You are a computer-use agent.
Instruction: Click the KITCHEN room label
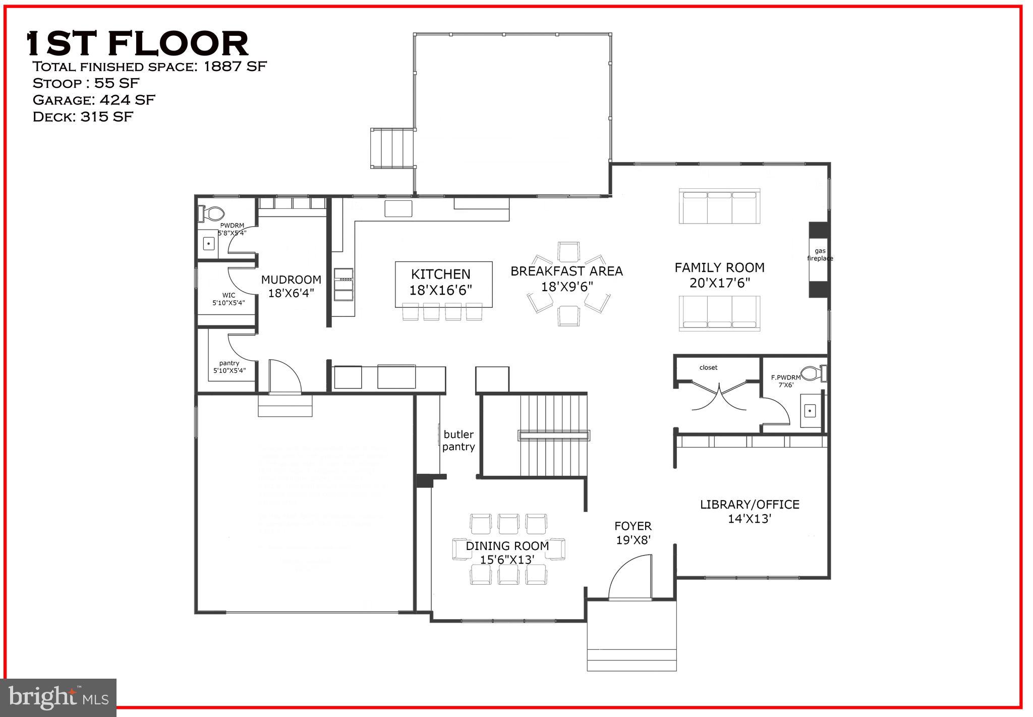[440, 274]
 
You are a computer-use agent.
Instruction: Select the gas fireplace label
[820, 254]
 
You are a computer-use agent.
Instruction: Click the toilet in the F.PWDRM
[813, 374]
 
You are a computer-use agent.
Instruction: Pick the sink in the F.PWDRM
[810, 411]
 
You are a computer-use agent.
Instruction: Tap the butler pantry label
[458, 440]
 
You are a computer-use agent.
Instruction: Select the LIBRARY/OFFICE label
[750, 504]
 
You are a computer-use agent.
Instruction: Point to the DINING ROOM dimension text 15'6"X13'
[507, 559]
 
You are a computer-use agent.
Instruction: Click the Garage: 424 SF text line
[94, 100]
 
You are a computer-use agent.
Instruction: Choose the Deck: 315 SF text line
[83, 117]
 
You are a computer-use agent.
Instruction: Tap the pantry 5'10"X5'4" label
[229, 366]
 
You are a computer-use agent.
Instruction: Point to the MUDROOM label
[291, 280]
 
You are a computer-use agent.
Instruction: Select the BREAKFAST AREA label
[566, 271]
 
